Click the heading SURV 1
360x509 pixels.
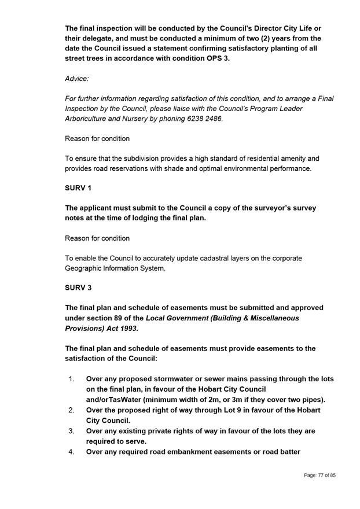pos(78,188)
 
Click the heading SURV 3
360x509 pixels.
pos(78,287)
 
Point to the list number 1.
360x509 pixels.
pos(71,379)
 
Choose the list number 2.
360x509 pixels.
pos(71,410)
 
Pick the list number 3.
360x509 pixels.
pos(71,431)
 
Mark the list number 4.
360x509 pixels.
pos(71,452)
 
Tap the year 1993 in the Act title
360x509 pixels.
pos(126,329)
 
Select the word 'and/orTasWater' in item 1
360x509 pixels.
pos(115,400)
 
